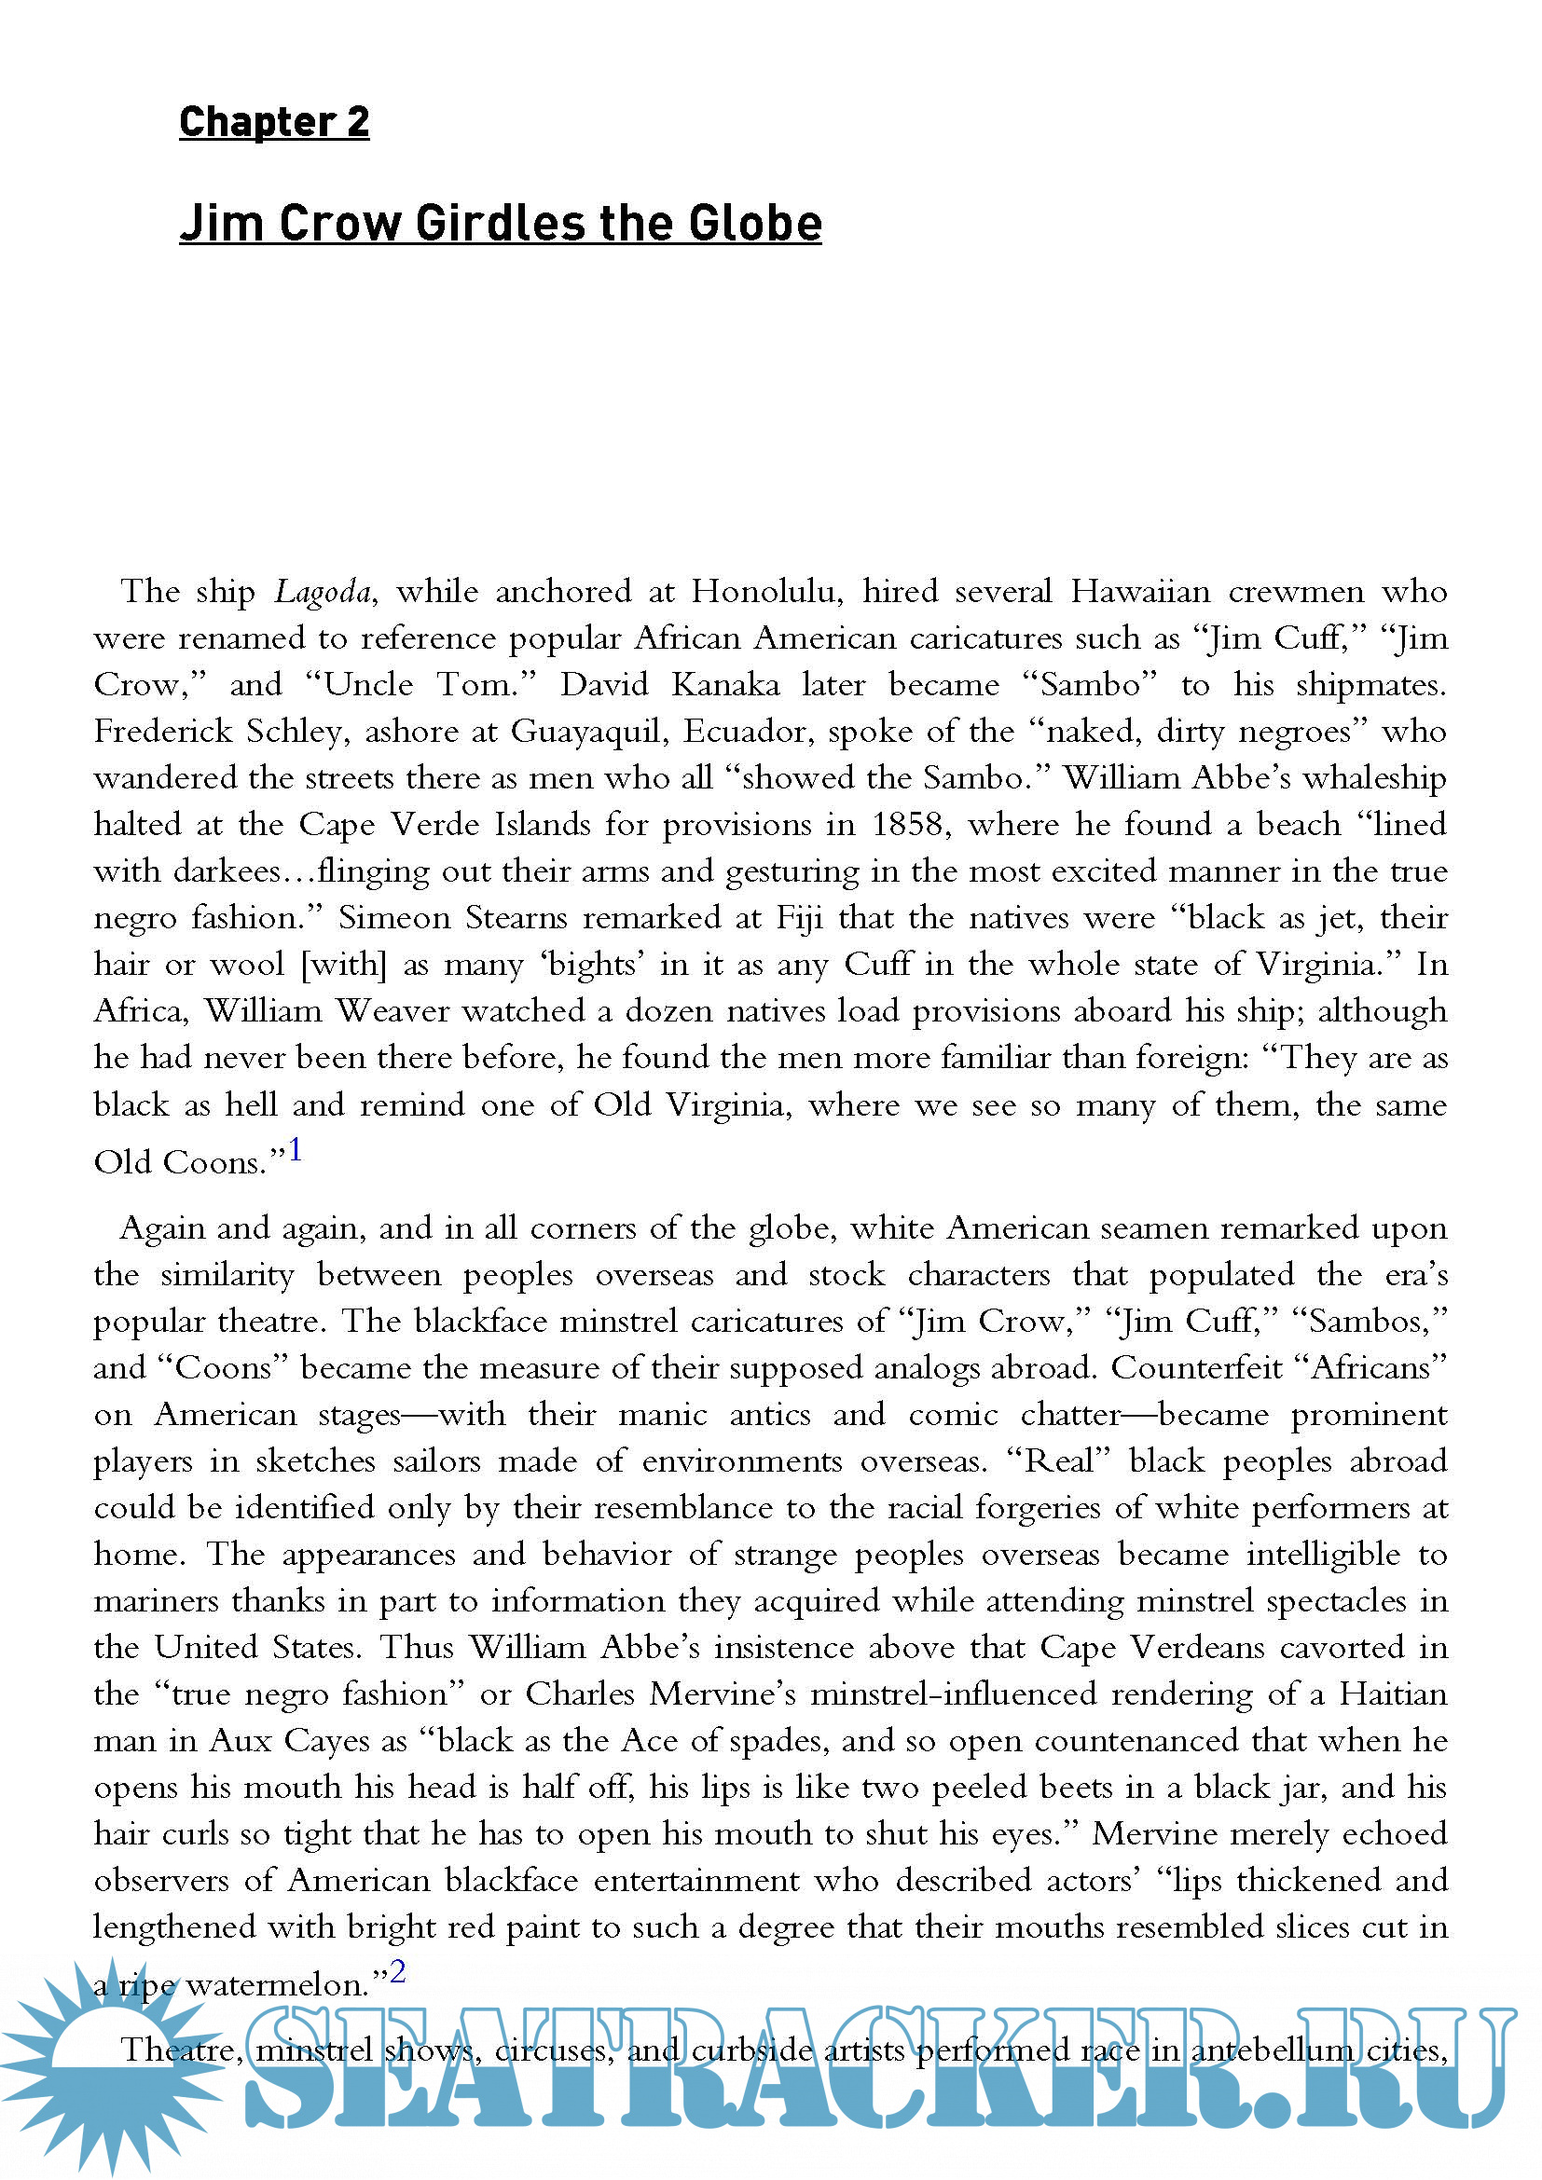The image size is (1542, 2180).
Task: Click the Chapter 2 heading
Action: [273, 121]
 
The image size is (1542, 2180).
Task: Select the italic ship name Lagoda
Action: [323, 592]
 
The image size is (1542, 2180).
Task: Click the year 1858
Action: [911, 824]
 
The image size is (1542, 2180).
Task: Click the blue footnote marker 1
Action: [296, 1150]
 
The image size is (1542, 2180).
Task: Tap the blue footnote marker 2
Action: [397, 1972]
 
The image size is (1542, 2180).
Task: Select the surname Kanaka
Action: [725, 685]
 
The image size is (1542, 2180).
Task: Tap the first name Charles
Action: [579, 1693]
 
